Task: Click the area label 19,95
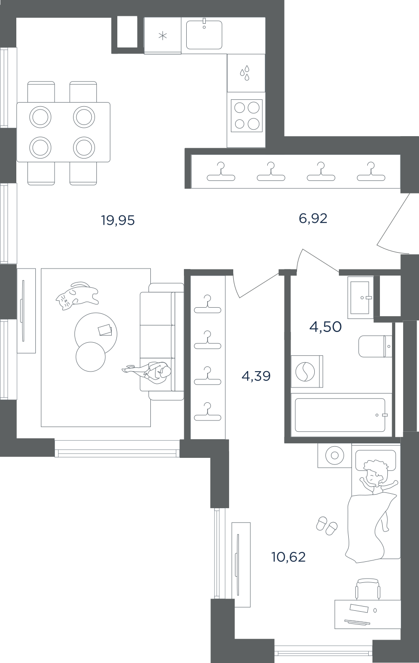118,221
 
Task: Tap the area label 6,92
313,219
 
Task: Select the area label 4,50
325,327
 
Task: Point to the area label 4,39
256,376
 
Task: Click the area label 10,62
288,557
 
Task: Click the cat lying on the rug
77,295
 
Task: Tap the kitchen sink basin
204,35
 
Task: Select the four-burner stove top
246,116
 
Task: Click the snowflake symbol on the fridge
162,36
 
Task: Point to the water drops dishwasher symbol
245,73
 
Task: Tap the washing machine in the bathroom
307,372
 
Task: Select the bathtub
341,414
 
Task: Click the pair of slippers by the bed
326,525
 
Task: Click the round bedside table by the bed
334,455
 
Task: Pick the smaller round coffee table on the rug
91,357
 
